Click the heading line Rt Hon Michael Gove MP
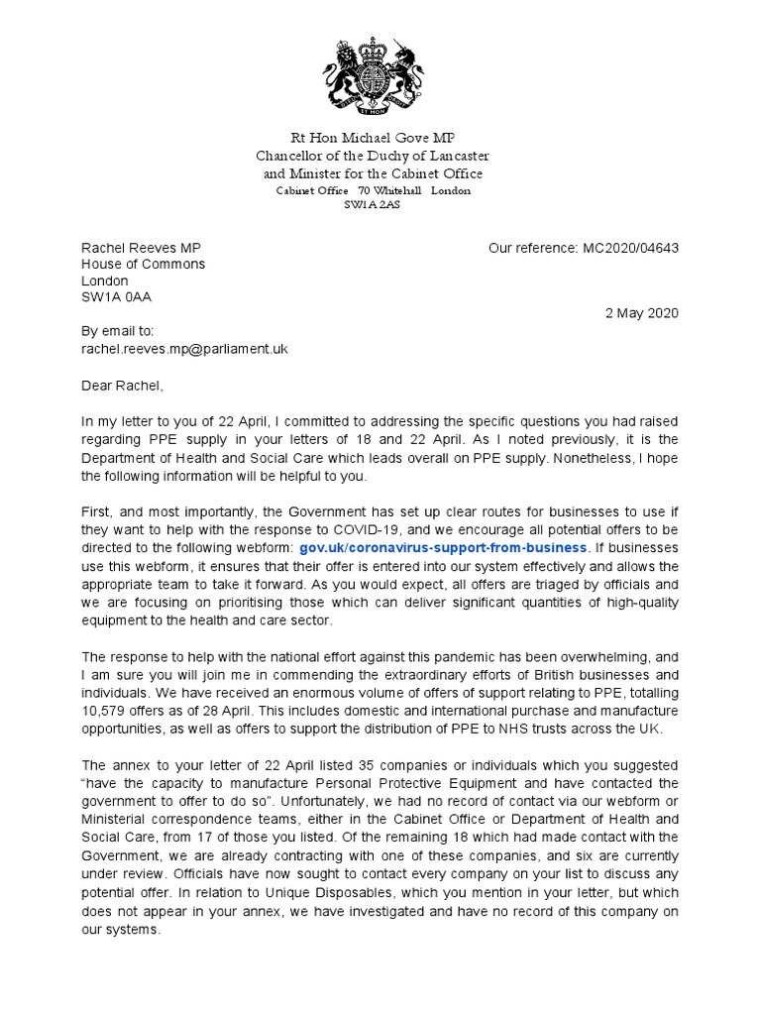pos(373,137)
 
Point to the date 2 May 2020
pos(642,312)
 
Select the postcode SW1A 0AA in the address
pos(116,296)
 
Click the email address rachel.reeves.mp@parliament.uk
pos(183,349)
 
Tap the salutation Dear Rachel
pos(121,385)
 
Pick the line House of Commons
pos(143,264)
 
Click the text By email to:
pos(117,332)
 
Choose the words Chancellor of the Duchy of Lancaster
pos(373,156)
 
